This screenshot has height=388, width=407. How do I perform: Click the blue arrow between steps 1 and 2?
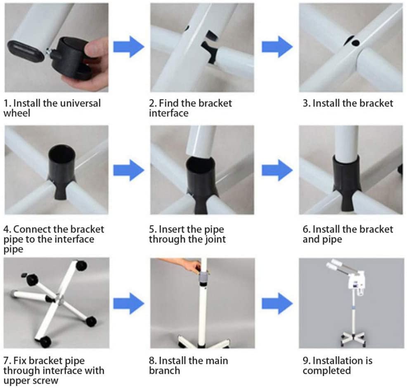pyautogui.click(x=129, y=47)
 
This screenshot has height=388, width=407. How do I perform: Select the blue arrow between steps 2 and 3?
pyautogui.click(x=277, y=47)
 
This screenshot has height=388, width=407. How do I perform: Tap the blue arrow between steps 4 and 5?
pyautogui.click(x=129, y=170)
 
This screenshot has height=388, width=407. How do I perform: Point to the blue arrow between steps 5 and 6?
pyautogui.click(x=277, y=170)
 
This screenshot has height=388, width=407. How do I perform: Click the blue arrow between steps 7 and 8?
pyautogui.click(x=129, y=303)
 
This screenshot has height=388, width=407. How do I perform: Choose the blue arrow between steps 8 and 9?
pyautogui.click(x=277, y=303)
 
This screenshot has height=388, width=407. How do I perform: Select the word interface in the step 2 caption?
pyautogui.click(x=169, y=113)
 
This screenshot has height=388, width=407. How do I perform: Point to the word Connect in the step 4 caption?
pyautogui.click(x=33, y=229)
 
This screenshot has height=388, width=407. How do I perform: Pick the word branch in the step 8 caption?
pyautogui.click(x=165, y=371)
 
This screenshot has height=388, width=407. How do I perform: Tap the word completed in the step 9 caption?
pyautogui.click(x=327, y=371)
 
